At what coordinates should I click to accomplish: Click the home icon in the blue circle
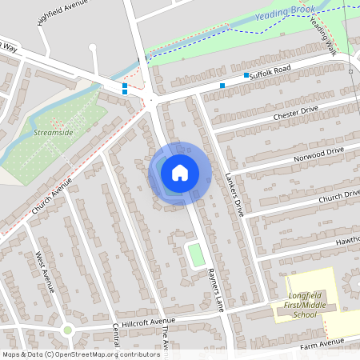click(x=180, y=171)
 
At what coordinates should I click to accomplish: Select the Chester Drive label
click(x=296, y=114)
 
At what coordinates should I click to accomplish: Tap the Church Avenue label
click(x=52, y=194)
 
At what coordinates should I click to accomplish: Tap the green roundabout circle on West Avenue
click(x=67, y=330)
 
